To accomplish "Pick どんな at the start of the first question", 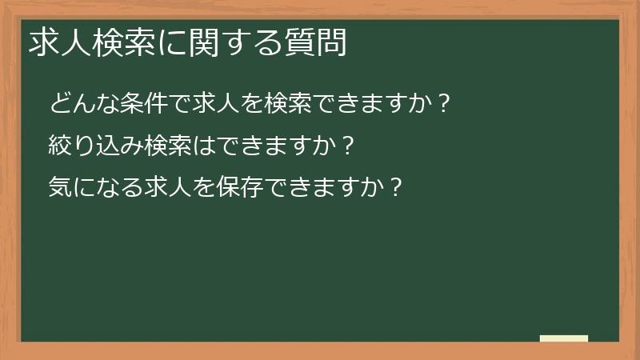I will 83,103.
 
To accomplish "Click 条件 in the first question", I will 142,103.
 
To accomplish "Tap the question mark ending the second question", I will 346,146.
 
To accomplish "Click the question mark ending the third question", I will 394,188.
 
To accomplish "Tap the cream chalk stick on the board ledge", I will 563,338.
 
